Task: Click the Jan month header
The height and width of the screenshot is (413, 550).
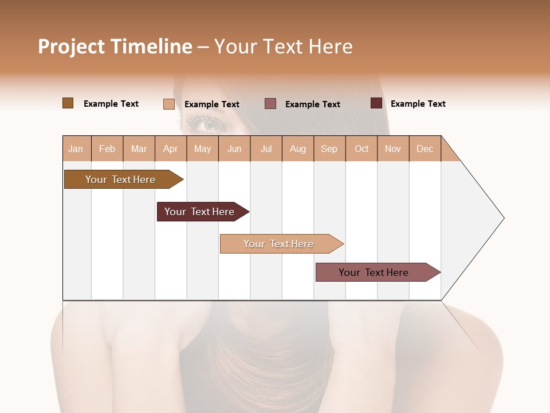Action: [76, 149]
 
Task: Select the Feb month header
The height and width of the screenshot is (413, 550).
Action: [107, 149]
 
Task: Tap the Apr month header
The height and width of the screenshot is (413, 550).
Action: [170, 149]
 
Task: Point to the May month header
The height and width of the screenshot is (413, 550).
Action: [202, 149]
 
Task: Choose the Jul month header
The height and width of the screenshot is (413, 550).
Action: [266, 149]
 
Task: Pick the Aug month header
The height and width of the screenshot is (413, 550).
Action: [297, 149]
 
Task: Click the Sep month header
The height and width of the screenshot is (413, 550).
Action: [329, 149]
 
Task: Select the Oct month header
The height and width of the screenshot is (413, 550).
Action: [362, 149]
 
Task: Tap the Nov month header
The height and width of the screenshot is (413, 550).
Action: [393, 149]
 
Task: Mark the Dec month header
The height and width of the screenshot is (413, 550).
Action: [425, 149]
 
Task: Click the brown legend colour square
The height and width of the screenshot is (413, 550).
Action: [68, 103]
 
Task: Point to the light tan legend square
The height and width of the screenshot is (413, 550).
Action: [169, 104]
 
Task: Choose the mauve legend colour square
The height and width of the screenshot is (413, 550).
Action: [270, 103]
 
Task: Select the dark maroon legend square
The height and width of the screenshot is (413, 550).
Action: [376, 103]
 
